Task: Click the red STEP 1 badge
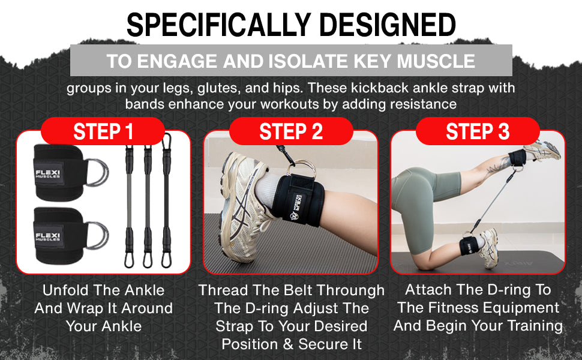pyautogui.click(x=103, y=131)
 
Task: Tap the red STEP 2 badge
pyautogui.click(x=291, y=131)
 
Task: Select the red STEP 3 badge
pyautogui.click(x=478, y=131)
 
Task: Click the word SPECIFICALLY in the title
pyautogui.click(x=218, y=25)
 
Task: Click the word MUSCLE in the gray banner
pyautogui.click(x=436, y=61)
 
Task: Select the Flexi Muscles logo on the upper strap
pyautogui.click(x=47, y=173)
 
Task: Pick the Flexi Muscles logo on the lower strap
pyautogui.click(x=47, y=236)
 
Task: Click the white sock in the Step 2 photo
pyautogui.click(x=266, y=187)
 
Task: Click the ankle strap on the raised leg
pyautogui.click(x=517, y=158)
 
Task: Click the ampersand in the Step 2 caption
pyautogui.click(x=288, y=344)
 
